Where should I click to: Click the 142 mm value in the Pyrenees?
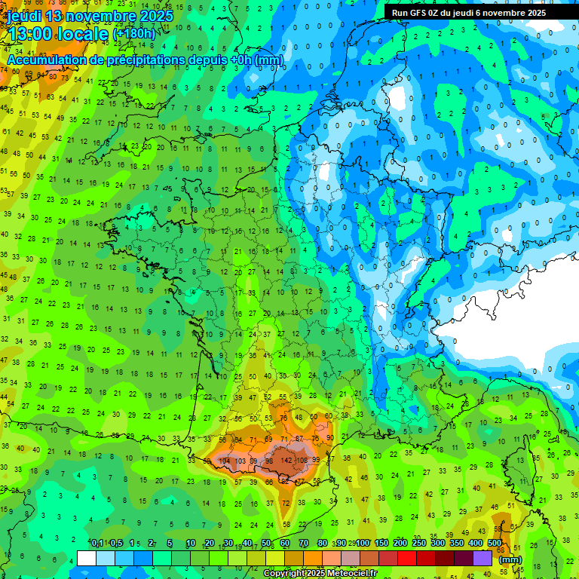286,460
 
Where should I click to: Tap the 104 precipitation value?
224,460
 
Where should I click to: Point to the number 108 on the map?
303,460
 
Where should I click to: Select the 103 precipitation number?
240,460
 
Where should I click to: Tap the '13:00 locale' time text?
57,34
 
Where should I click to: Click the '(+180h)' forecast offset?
133,34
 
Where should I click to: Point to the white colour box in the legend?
86,558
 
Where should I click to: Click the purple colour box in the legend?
482,558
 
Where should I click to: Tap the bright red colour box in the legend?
406,558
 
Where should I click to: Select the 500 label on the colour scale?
495,544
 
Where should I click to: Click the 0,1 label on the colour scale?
96,544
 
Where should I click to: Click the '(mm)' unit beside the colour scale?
510,559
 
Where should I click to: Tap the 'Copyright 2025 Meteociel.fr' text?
320,574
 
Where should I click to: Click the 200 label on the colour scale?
400,544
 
